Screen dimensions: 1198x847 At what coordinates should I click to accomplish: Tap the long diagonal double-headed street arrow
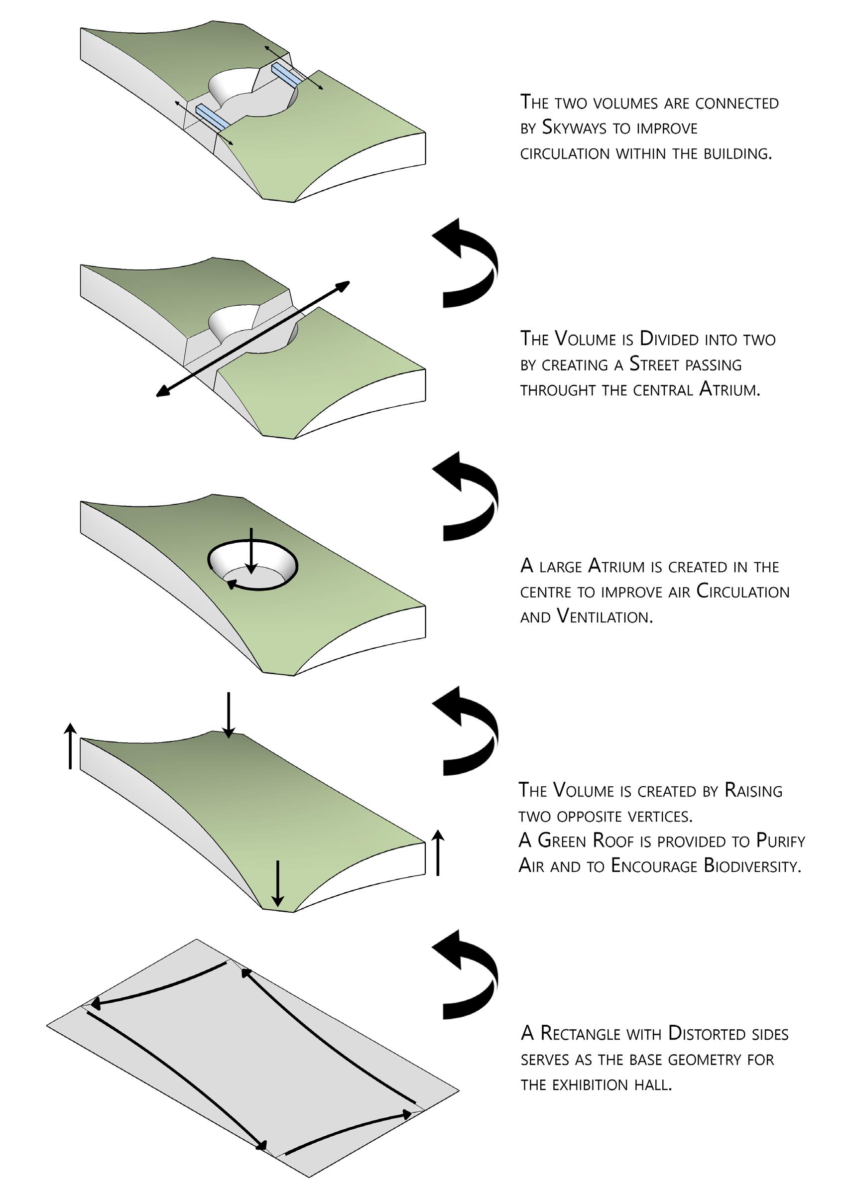coord(253,339)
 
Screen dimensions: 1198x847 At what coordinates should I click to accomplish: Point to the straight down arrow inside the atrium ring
coord(251,551)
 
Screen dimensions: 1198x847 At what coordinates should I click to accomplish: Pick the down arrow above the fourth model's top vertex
coord(228,715)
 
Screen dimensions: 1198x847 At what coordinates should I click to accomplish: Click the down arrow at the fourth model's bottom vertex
coord(278,883)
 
